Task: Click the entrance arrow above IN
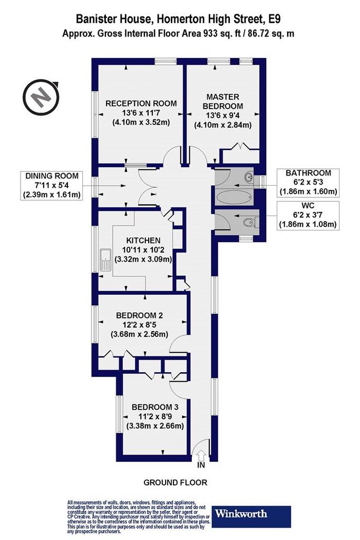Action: click(x=201, y=455)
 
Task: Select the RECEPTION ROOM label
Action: click(x=141, y=103)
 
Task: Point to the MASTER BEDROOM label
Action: click(x=223, y=101)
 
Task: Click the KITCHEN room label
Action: click(x=143, y=240)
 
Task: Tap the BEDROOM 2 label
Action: click(x=139, y=315)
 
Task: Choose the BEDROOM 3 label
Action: click(x=155, y=407)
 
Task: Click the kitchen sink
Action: click(x=105, y=259)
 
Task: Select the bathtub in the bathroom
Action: click(x=230, y=198)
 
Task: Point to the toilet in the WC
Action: click(x=249, y=223)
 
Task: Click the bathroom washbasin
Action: click(x=249, y=177)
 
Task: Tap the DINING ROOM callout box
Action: click(x=52, y=186)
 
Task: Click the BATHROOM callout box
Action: click(x=308, y=183)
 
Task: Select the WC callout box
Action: click(x=308, y=216)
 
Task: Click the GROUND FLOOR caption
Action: click(x=176, y=483)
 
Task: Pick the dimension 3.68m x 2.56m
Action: click(x=139, y=334)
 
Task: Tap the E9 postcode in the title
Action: click(x=274, y=18)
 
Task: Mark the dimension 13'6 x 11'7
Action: click(x=141, y=113)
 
